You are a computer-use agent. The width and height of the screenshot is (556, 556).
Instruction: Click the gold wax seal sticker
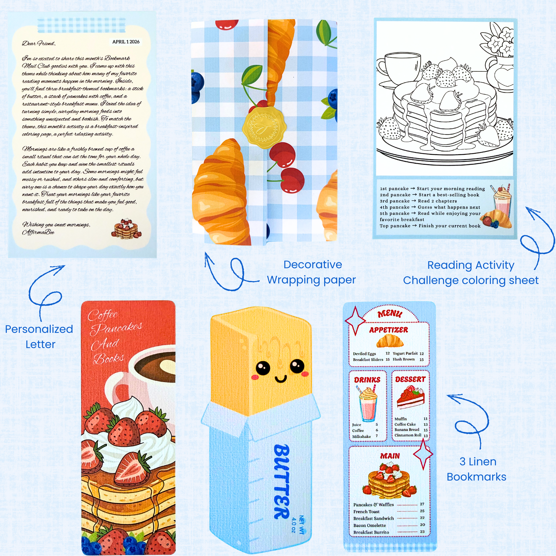tap(263, 128)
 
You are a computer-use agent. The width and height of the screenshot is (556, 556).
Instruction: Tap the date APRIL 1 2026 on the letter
tap(126, 42)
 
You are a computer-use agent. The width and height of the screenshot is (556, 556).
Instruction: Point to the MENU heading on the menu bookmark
tap(390, 313)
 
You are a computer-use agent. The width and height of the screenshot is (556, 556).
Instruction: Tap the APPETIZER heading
tap(388, 330)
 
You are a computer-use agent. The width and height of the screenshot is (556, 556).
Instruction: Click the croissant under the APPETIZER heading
tap(390, 341)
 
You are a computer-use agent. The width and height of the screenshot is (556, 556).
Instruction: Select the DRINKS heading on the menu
tap(367, 380)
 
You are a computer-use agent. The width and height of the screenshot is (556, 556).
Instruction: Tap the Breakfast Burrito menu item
tap(371, 532)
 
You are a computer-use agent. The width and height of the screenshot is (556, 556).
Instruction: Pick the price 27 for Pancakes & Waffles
tap(422, 504)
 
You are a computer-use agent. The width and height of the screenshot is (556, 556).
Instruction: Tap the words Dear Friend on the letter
tap(39, 43)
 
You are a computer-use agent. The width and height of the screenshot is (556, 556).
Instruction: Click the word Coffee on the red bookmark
tap(103, 315)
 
